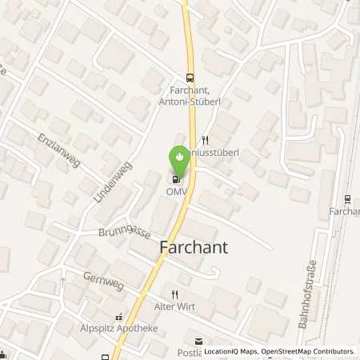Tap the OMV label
[178, 191]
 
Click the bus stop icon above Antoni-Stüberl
[189, 78]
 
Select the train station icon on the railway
[346, 198]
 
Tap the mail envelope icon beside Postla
[189, 341]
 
